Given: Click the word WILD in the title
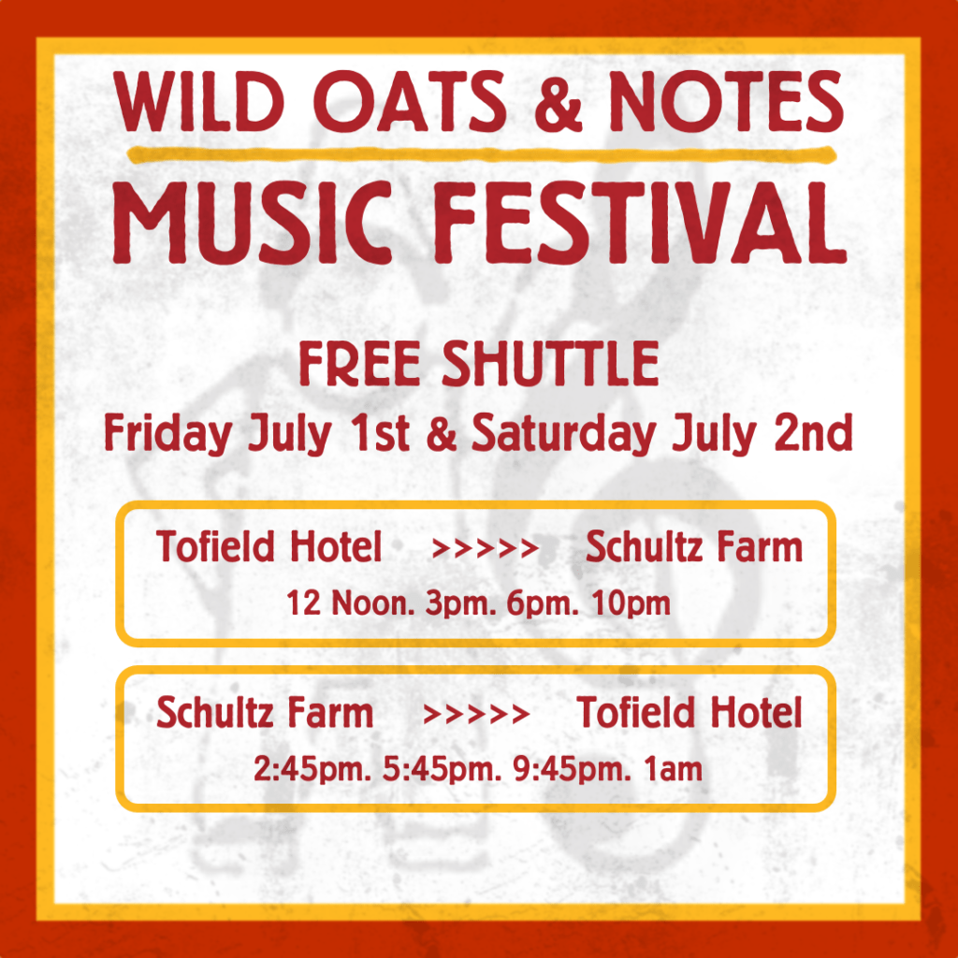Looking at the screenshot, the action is pyautogui.click(x=200, y=101).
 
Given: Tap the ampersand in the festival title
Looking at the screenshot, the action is pyautogui.click(x=558, y=101).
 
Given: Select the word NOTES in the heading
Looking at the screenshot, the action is pyautogui.click(x=726, y=101).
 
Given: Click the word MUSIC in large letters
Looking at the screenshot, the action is pyautogui.click(x=253, y=223).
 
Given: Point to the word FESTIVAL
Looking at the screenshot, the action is pyautogui.click(x=640, y=223).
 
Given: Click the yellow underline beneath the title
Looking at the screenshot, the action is pyautogui.click(x=482, y=155).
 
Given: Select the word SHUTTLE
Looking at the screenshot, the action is pyautogui.click(x=550, y=364).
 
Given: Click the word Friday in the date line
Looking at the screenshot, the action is pyautogui.click(x=167, y=434).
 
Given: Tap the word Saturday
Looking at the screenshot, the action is pyautogui.click(x=563, y=434).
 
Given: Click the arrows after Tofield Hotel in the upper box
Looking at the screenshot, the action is pyautogui.click(x=486, y=548).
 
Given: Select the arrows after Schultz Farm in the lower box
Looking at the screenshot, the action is pyautogui.click(x=476, y=714).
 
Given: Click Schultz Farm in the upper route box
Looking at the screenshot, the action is pyautogui.click(x=694, y=546).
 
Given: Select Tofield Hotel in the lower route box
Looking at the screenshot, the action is pyautogui.click(x=689, y=713).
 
